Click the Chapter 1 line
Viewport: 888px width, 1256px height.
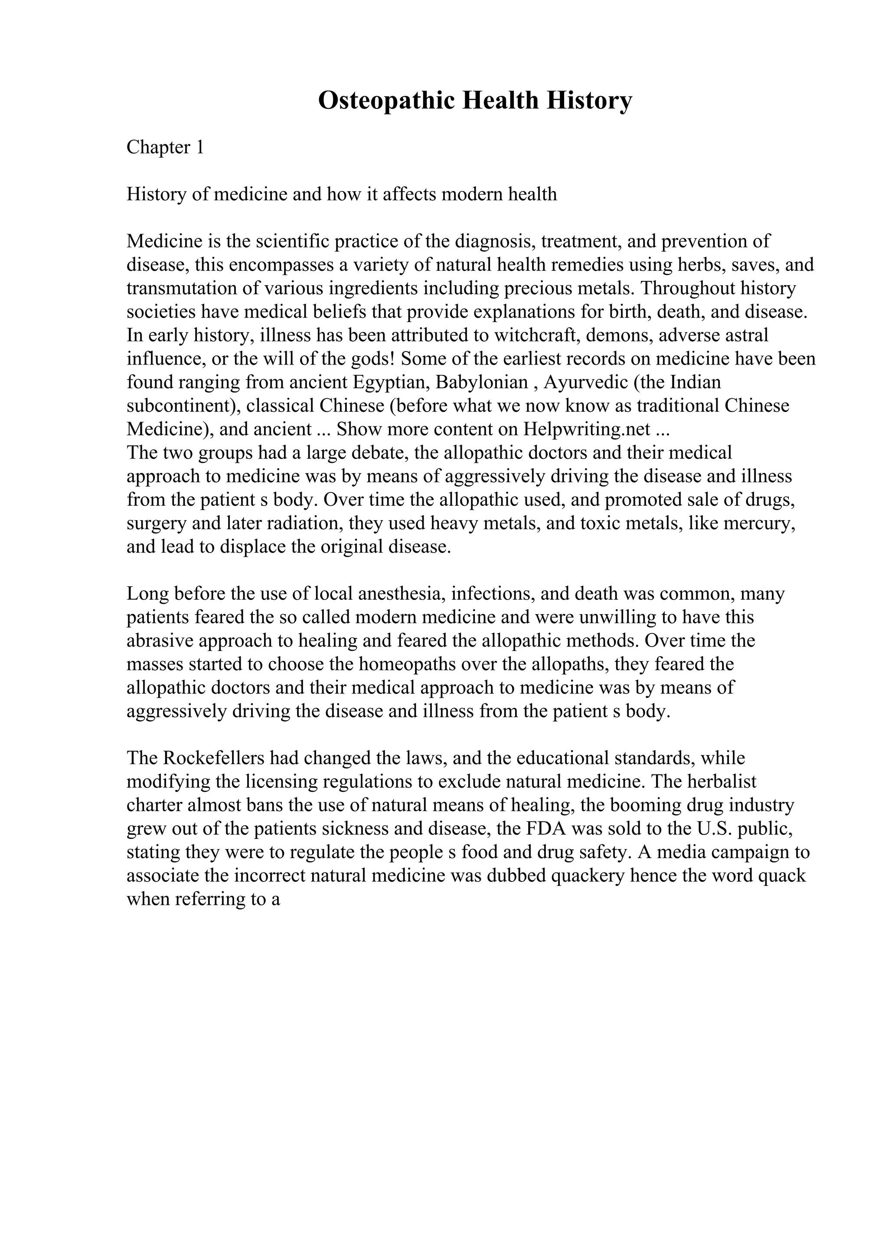click(165, 147)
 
